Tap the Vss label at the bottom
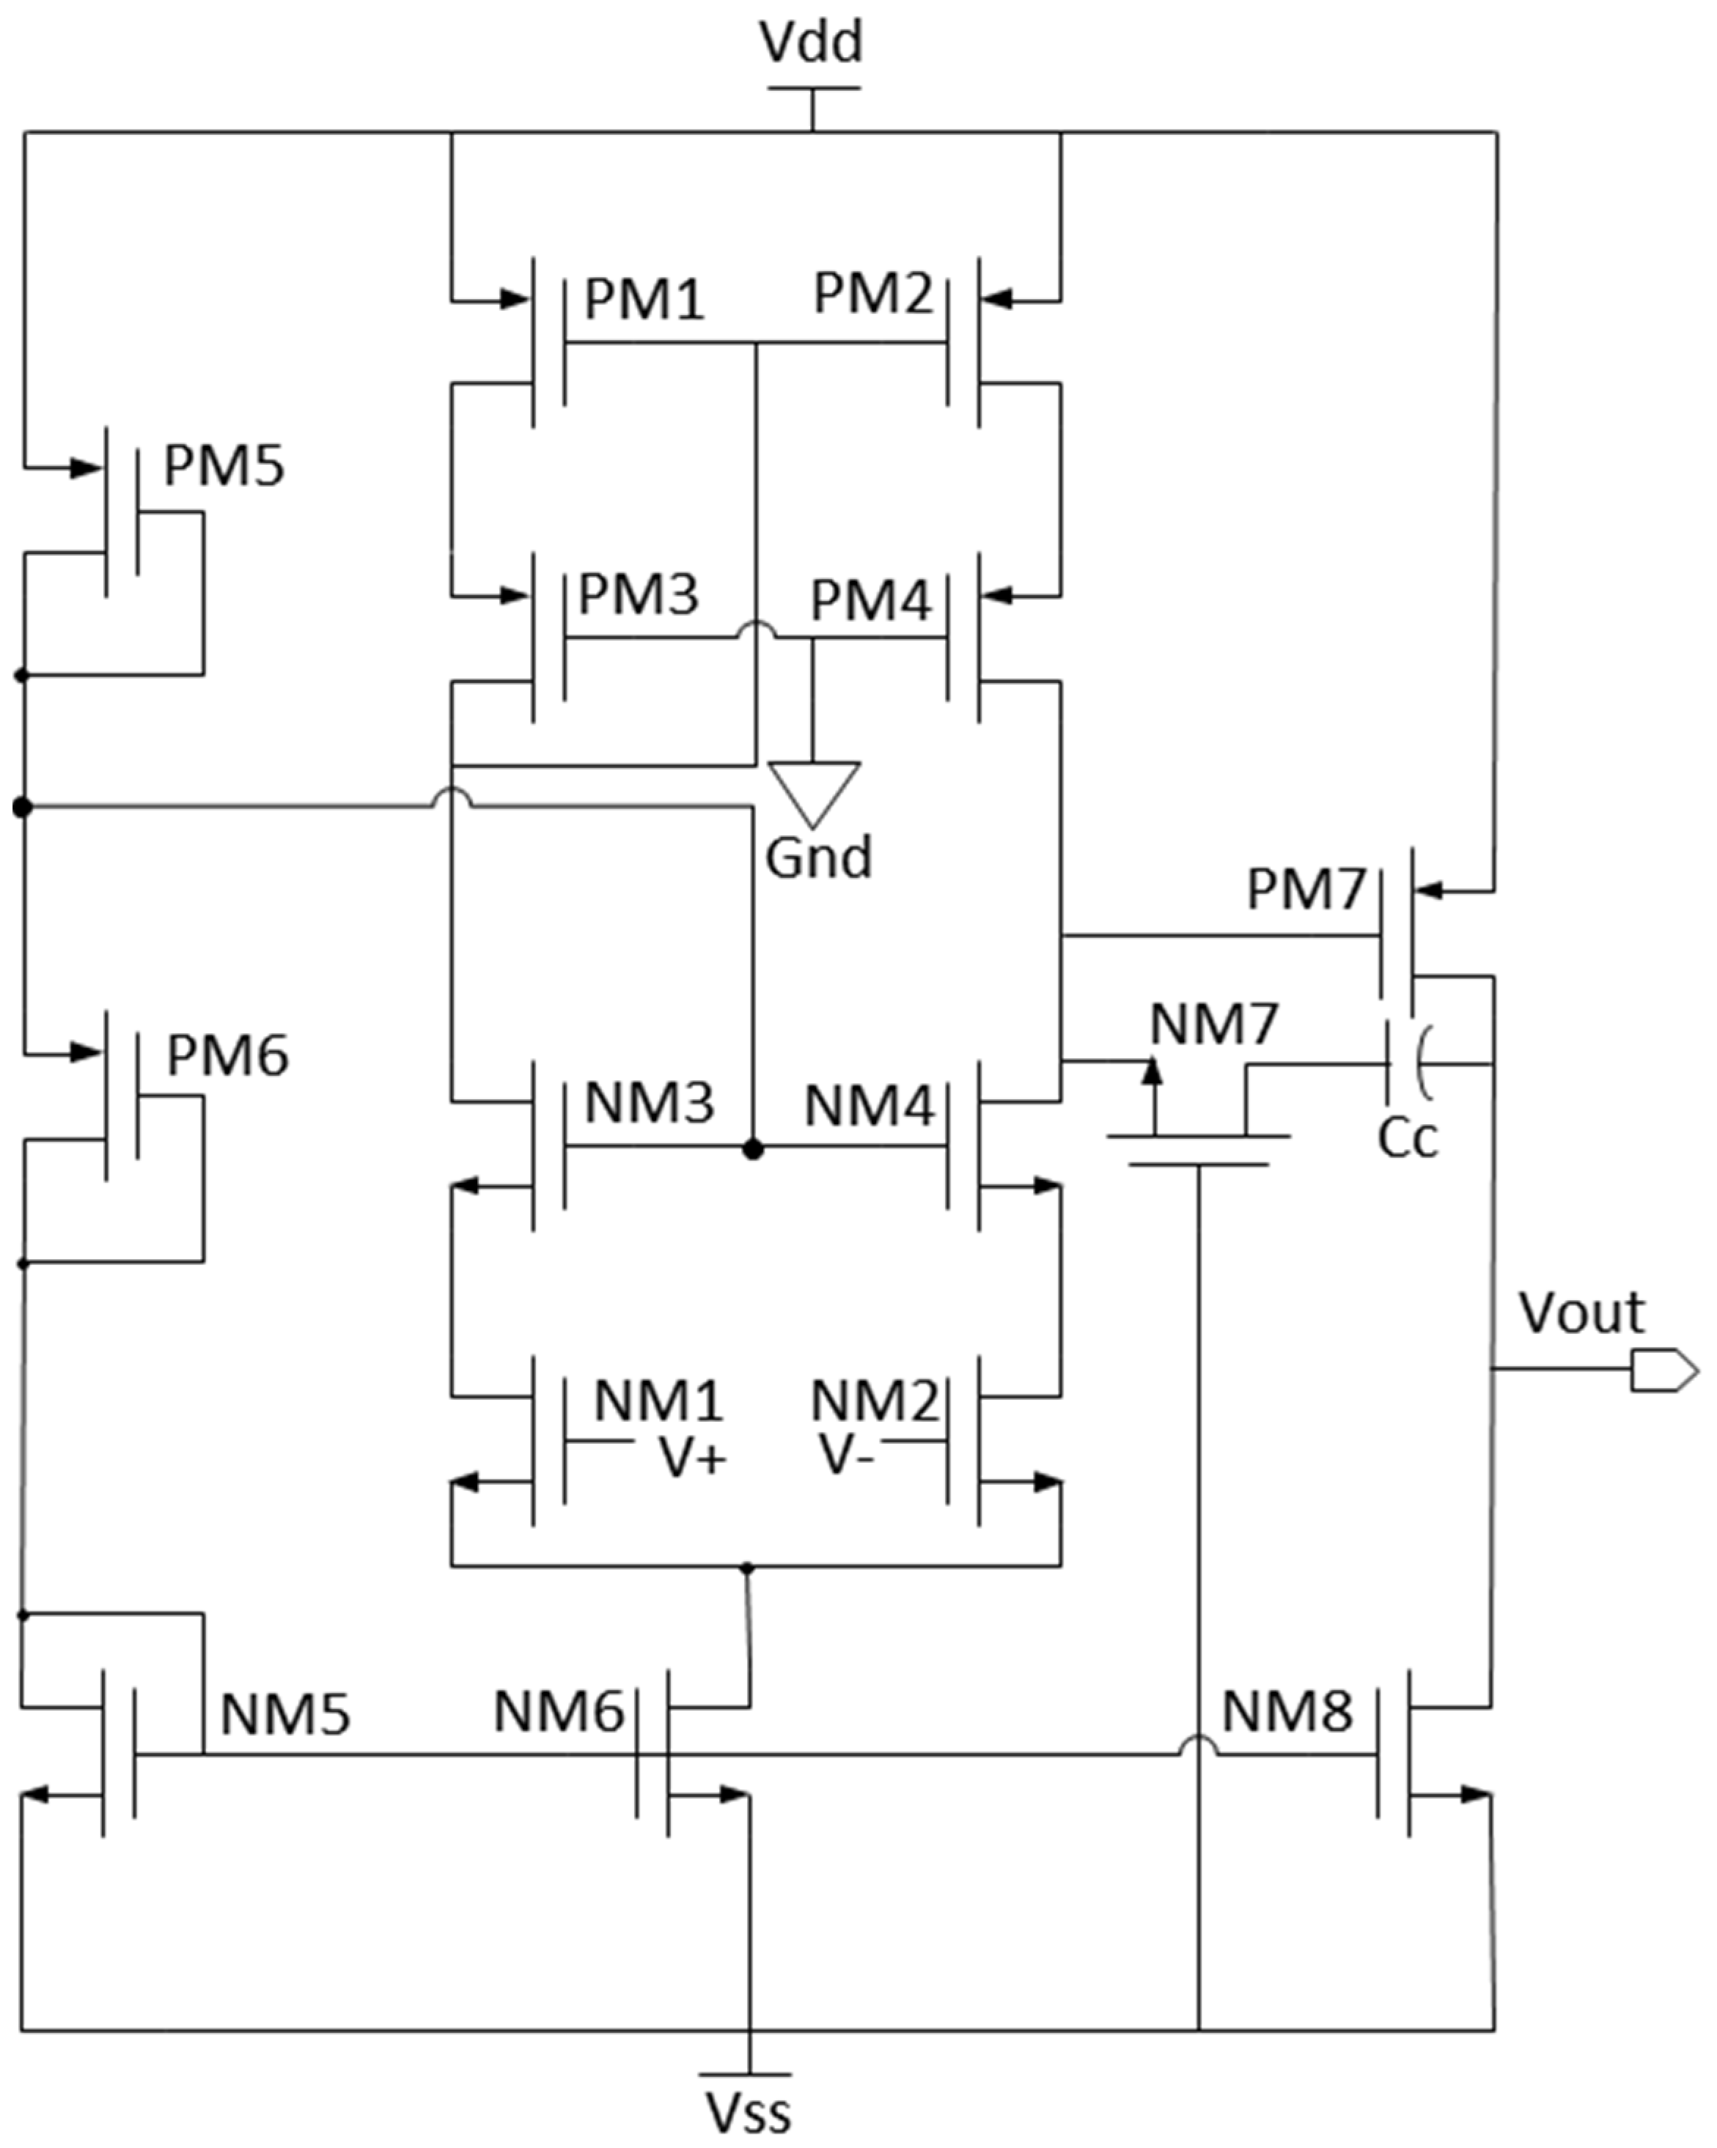(749, 2112)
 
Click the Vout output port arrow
(1662, 1370)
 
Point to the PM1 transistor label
(644, 299)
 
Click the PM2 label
(873, 294)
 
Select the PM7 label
(1306, 889)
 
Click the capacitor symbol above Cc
(1407, 1064)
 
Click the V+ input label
(694, 1458)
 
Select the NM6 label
(558, 1712)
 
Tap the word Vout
(1581, 1313)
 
